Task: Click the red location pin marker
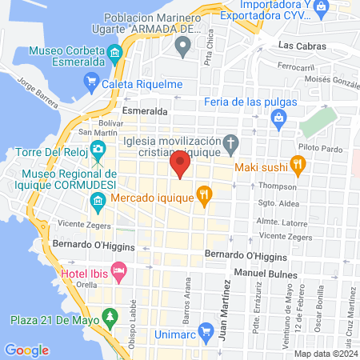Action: pos(180,165)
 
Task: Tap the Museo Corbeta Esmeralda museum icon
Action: pos(115,55)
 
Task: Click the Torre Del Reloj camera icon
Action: pos(98,149)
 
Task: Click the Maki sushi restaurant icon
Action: pos(298,166)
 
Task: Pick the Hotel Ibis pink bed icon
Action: pos(118,272)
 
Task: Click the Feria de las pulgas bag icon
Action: pos(279,120)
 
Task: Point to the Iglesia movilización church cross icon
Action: pos(230,145)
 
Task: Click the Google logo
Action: pos(27,350)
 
